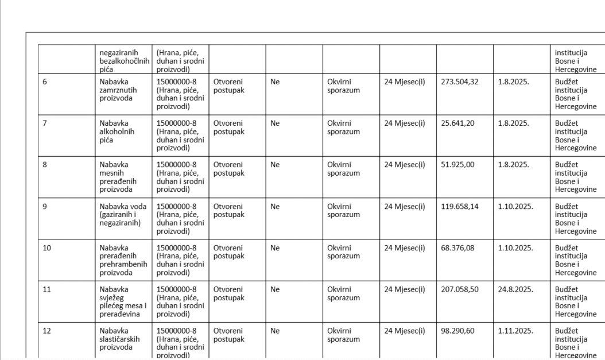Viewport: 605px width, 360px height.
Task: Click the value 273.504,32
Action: [459, 82]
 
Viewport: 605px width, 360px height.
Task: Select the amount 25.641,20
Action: [457, 123]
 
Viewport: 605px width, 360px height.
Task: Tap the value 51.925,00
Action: [457, 164]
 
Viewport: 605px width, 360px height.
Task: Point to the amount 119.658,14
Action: [459, 206]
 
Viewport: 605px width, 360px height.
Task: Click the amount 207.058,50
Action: [459, 289]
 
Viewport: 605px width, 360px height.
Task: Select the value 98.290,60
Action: [457, 331]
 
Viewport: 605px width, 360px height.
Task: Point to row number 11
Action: [46, 289]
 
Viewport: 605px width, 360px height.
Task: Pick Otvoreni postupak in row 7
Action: [228, 127]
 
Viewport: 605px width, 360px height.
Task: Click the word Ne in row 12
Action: [275, 331]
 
